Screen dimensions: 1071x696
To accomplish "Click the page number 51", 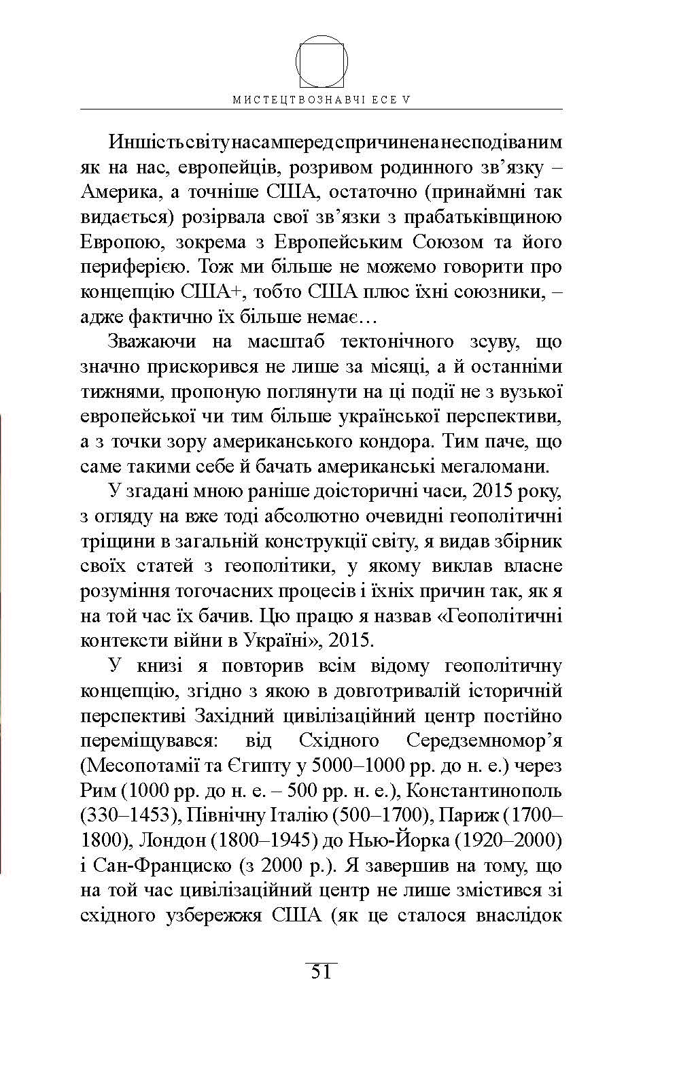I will pyautogui.click(x=321, y=972).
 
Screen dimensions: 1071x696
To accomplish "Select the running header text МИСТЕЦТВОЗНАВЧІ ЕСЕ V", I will pyautogui.click(x=321, y=99).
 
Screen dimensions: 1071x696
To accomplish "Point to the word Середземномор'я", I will pyautogui.click(x=484, y=741).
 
